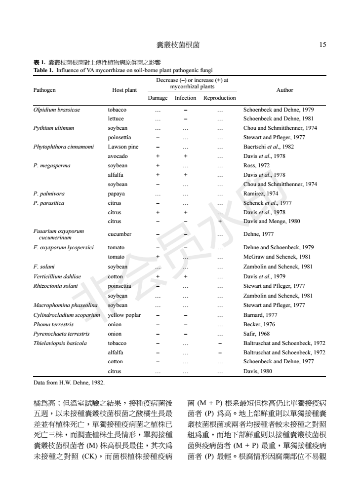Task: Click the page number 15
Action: pos(322,45)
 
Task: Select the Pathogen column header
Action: pos(44,90)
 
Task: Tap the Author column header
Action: pos(285,90)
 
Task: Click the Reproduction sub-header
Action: pos(220,98)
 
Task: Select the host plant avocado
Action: pos(117,156)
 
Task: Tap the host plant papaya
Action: pos(116,193)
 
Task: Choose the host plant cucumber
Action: pos(119,234)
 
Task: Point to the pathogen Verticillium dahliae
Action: pos(57,276)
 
